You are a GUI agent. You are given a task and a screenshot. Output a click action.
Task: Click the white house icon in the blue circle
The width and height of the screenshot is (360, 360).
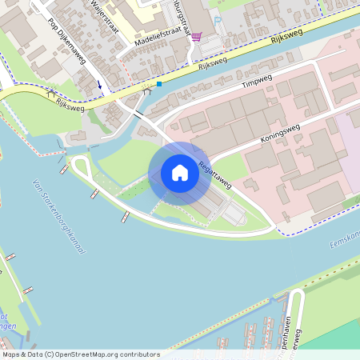point(179,173)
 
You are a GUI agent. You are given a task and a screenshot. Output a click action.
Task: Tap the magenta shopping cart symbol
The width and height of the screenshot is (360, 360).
point(196,36)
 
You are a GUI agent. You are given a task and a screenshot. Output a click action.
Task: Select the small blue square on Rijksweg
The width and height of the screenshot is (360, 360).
point(159,84)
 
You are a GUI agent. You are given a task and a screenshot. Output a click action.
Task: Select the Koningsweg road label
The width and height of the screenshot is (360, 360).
point(278,133)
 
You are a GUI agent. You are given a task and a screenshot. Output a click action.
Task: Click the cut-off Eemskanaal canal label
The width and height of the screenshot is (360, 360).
point(345,238)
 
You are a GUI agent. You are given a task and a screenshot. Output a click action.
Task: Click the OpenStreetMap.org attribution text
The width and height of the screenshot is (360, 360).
point(81,354)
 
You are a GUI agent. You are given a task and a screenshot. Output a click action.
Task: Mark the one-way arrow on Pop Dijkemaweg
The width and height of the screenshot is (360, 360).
point(100,83)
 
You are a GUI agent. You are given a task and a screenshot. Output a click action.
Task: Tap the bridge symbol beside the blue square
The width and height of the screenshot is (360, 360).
point(146,90)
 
